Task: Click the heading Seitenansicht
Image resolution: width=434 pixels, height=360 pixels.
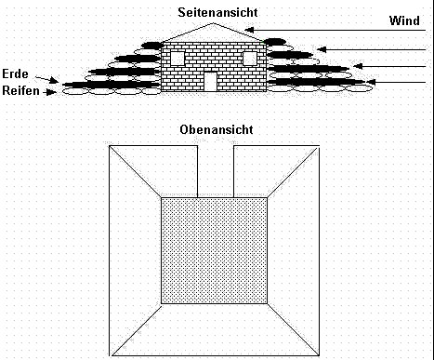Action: coord(217,12)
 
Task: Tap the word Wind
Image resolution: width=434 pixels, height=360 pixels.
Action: coord(404,20)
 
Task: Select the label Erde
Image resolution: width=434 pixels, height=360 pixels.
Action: coord(15,73)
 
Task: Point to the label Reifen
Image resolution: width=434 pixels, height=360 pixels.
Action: coord(20,90)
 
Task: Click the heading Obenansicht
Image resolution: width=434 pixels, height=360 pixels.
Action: coord(217,129)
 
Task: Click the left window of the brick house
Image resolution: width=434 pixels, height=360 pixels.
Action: coord(178,59)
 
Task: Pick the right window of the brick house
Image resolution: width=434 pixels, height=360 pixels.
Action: coord(250,59)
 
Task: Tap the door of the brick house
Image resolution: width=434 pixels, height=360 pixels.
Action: coord(211,82)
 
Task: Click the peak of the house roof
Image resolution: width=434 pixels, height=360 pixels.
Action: coord(214,23)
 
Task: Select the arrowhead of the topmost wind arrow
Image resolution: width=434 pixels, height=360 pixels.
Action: coord(249,30)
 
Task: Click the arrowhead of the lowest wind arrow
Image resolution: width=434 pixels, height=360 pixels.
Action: coord(371,82)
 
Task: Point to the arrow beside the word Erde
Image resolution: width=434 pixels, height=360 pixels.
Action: coord(46,79)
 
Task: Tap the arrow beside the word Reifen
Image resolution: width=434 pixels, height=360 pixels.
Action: coord(50,92)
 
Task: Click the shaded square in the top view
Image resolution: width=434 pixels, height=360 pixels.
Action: coord(214,250)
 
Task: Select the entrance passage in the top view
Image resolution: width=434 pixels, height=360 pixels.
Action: coord(216,171)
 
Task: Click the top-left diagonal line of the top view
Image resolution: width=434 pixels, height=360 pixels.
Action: coord(135,171)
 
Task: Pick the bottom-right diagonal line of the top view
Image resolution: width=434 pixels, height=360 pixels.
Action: coord(293,329)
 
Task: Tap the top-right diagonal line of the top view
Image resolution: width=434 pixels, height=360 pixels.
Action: coord(293,172)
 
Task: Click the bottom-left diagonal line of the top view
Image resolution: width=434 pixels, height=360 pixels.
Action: coord(137,330)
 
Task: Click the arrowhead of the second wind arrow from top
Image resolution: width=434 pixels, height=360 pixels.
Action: coord(322,49)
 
